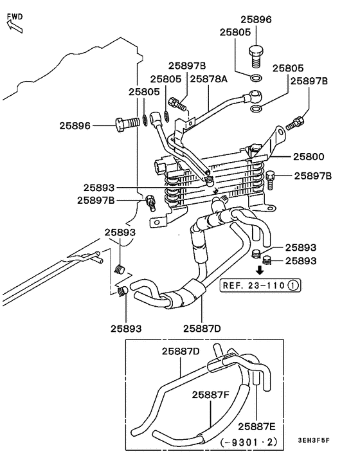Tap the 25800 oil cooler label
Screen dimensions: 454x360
pos(309,156)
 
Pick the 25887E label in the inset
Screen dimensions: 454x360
pos(257,425)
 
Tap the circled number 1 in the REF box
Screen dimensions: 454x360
pos(292,284)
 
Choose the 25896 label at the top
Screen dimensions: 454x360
pos(256,20)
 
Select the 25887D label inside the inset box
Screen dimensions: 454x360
pos(181,350)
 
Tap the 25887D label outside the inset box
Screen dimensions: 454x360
pos(201,329)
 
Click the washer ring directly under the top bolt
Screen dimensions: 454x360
pos(256,80)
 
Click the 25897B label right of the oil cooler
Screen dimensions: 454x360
pos(314,176)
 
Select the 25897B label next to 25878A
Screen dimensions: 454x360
pos(187,66)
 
